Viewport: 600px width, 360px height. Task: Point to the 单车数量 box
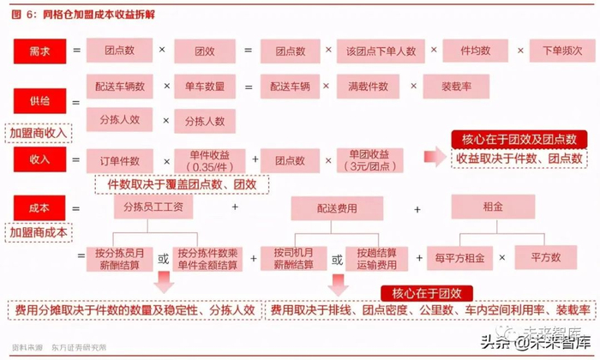pos(204,87)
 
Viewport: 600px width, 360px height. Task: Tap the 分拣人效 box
pos(120,120)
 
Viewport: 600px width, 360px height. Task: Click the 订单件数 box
pos(119,160)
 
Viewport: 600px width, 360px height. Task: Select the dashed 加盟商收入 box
pos(39,134)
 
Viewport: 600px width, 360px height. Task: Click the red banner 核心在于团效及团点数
pos(519,140)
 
